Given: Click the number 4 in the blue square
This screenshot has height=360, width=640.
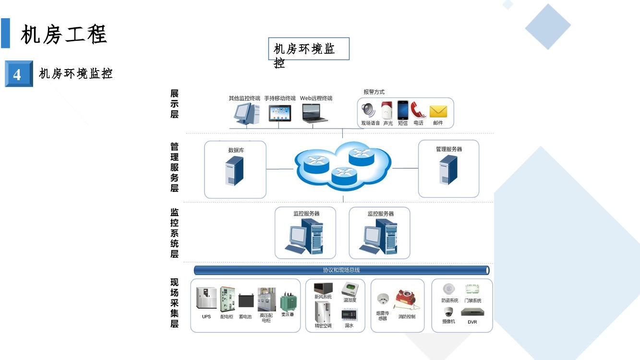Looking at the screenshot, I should pos(18,74).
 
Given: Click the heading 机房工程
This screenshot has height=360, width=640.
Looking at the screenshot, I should pos(64,35).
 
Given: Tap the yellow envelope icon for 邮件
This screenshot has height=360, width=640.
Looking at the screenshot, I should pos(438,111).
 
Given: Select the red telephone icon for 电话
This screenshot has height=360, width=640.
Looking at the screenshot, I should pos(418,110).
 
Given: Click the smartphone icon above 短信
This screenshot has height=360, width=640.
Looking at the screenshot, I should pos(402,110).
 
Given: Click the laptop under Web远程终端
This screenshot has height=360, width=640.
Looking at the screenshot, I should pos(315,113).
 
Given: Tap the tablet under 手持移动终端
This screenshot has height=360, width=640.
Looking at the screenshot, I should pos(280,113).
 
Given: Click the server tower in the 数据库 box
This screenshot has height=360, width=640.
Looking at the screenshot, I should pos(235,171).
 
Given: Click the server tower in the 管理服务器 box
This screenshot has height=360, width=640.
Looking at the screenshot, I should pos(448,170).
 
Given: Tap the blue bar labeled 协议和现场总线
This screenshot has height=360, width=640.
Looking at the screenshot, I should pos(341,270).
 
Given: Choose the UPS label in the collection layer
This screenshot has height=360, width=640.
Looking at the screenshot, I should pos(206,317).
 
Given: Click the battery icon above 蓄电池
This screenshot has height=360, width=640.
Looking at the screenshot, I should pos(245,301).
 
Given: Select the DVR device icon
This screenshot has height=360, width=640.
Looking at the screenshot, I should pos(472,312).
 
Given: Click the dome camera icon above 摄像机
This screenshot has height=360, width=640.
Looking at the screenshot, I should pos(448,312).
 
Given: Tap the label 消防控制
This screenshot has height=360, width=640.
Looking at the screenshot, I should pos(407,317).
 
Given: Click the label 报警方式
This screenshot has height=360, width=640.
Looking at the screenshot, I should pos(374,92).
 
